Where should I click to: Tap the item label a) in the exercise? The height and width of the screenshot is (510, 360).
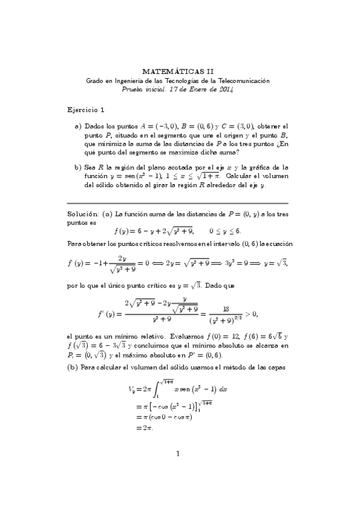tap(78, 127)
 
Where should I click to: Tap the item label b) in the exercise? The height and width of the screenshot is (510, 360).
tap(78, 167)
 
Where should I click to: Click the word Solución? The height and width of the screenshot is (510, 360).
tap(83, 214)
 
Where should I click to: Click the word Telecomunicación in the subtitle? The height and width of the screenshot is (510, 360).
tap(245, 80)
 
